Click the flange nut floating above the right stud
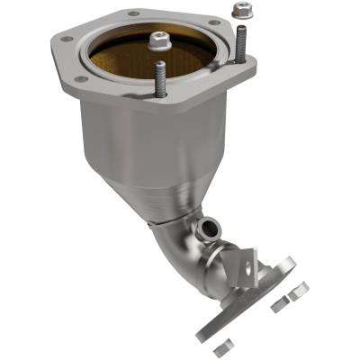coord(239,12)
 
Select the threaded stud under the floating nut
coord(241,45)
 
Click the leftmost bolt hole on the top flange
coord(66,38)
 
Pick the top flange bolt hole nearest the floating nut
coord(212,19)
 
